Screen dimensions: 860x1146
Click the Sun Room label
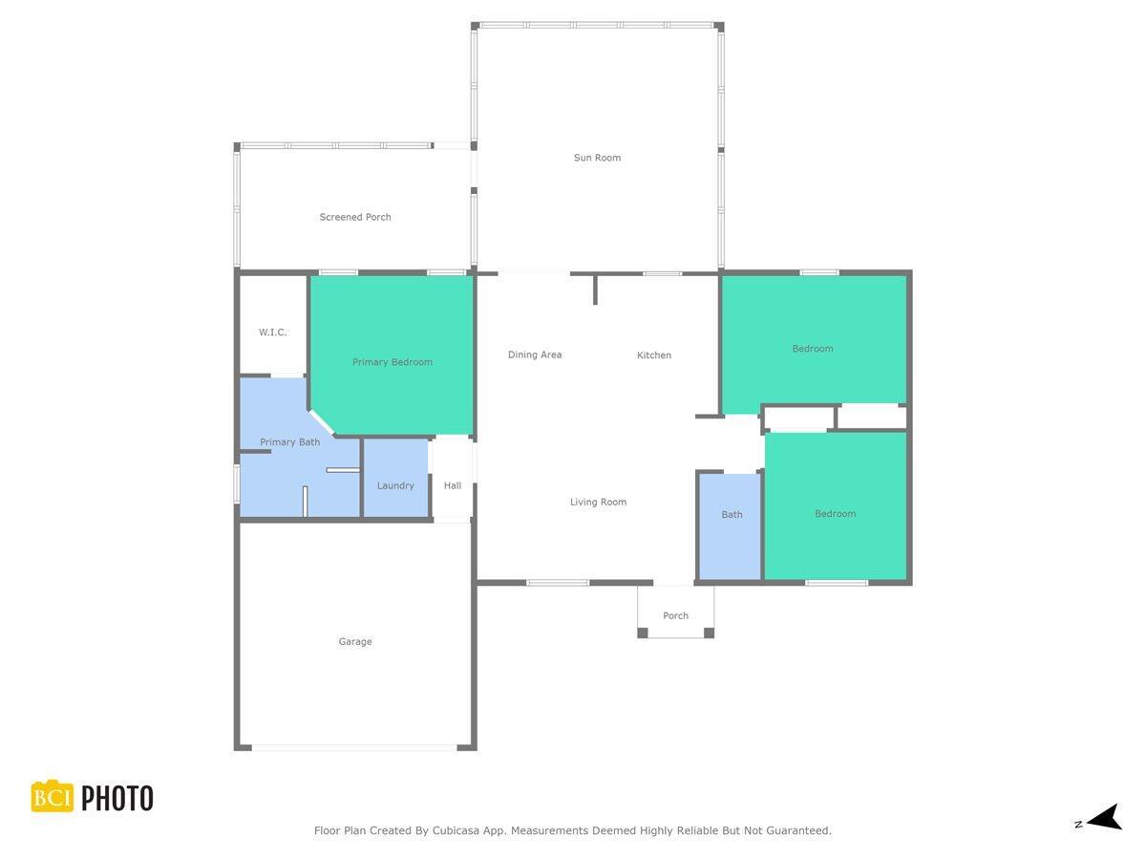pyautogui.click(x=597, y=158)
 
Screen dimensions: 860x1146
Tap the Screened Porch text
pyautogui.click(x=355, y=217)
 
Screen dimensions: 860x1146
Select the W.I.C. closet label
pyautogui.click(x=272, y=333)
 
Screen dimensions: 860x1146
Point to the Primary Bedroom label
pyautogui.click(x=393, y=362)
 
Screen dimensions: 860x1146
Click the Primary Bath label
pyautogui.click(x=290, y=442)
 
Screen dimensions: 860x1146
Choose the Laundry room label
pyautogui.click(x=395, y=485)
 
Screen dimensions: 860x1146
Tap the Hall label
pyautogui.click(x=453, y=485)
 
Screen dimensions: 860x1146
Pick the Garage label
pyautogui.click(x=355, y=642)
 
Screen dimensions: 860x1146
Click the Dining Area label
pyautogui.click(x=535, y=355)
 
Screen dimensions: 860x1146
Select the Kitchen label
pyautogui.click(x=654, y=355)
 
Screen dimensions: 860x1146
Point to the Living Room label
pyautogui.click(x=599, y=502)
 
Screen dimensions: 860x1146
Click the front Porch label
pyautogui.click(x=676, y=615)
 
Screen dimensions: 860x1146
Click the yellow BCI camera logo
pyautogui.click(x=53, y=797)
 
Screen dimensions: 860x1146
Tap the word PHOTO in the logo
pyautogui.click(x=117, y=798)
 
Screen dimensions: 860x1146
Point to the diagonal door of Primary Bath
pyautogui.click(x=322, y=421)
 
